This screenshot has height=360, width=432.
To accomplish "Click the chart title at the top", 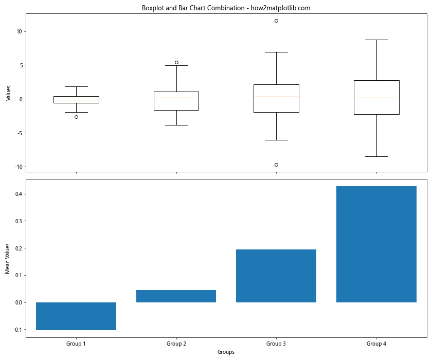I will coord(226,8).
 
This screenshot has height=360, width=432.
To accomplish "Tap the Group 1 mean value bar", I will coord(76,316).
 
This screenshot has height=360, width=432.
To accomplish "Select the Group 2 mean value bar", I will coord(176,296).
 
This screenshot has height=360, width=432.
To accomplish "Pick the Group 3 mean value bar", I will coord(276,276).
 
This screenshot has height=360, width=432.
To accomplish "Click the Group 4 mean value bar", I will coord(376,244).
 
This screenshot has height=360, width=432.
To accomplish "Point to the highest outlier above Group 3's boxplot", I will coord(276,21).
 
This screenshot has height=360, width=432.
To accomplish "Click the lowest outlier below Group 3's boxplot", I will coord(276,165).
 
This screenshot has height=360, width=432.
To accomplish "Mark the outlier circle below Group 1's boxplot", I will coord(76,117).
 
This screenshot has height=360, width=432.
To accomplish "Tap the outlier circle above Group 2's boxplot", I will coord(176,62).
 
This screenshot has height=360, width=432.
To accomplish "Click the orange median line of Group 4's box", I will coord(376,98).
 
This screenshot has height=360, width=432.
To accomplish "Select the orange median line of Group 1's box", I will coord(76,100).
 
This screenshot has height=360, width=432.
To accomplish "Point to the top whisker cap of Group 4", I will coord(376,40).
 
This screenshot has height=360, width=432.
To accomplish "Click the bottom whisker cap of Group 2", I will coord(176,125).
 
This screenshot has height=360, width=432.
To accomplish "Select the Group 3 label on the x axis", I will coord(276,343).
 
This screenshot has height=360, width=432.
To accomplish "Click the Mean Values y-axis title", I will coord(8,258).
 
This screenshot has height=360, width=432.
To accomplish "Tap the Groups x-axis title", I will coord(226,352).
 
